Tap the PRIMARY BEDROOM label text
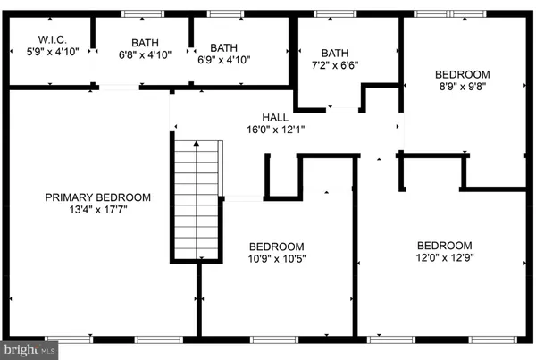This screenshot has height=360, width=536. pos(99,197)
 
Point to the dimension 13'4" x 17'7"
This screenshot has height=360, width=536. pos(99,211)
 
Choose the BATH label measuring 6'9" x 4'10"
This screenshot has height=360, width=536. pos(223,46)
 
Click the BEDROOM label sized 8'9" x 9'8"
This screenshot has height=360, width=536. pos(463,74)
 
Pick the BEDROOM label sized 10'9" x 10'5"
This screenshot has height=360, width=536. pos(276,246)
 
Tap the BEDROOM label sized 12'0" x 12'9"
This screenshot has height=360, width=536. pos(444,246)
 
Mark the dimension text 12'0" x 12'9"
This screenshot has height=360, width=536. pos(444,258)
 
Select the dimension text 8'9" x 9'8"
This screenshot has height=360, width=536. pos(463,87)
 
